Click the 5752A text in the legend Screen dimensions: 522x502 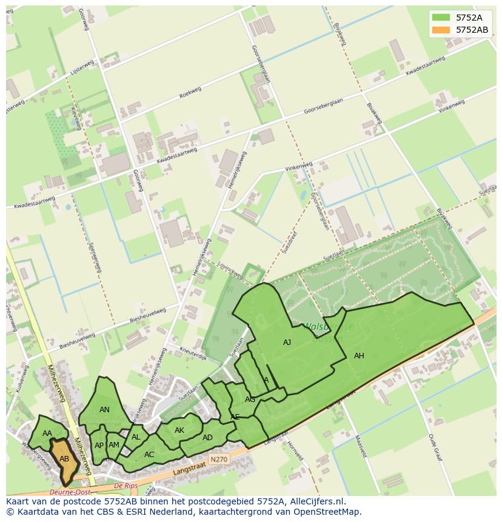469,18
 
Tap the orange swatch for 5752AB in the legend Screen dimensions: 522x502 441,30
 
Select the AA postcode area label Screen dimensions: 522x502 47,433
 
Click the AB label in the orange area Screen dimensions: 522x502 64,459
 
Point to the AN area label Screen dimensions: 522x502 104,410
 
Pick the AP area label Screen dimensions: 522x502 99,445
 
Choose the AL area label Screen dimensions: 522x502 136,437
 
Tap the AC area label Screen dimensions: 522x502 149,454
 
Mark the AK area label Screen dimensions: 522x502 179,430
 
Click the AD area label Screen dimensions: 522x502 207,438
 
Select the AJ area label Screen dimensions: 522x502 287,343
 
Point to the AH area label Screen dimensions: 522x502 359,356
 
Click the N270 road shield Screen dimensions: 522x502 218,460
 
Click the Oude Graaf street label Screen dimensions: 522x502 433,447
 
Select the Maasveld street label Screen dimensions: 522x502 359,447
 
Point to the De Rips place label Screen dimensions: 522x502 126,486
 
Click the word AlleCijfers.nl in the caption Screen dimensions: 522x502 315,501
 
